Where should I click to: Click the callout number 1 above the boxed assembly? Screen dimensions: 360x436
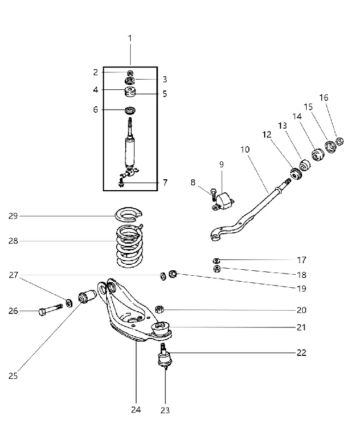130,38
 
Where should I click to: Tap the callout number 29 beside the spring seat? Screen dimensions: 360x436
13,216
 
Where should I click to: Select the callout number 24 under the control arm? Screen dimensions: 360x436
136,410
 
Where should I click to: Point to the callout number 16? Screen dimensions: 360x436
324,98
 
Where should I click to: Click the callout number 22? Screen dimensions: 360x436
301,353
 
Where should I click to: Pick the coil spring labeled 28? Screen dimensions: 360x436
130,246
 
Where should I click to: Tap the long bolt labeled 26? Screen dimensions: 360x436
51,310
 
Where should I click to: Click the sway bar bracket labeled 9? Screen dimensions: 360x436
224,201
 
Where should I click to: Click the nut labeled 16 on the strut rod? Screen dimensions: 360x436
340,141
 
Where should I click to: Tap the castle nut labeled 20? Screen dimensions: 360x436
159,309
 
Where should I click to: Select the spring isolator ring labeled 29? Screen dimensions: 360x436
129,214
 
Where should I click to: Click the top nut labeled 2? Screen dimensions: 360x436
130,74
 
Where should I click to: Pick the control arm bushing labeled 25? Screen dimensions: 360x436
87,297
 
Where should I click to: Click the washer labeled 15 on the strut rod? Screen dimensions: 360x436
331,147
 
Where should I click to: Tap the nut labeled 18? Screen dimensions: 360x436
217,269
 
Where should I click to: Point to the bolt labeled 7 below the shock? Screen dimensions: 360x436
121,183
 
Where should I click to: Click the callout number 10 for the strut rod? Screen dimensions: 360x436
245,149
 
